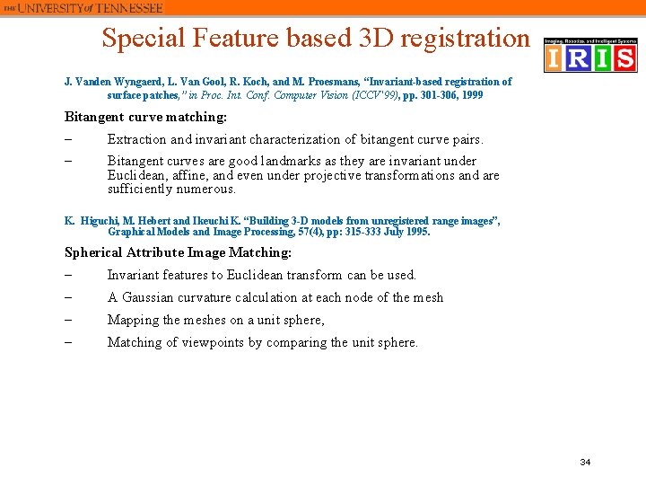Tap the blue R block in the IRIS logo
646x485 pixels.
(x=579, y=59)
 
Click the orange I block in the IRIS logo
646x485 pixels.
(x=555, y=59)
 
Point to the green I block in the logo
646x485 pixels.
(x=601, y=59)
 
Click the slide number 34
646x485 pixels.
(x=585, y=462)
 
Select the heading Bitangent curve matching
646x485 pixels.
(x=145, y=117)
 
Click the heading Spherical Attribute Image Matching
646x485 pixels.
(x=178, y=252)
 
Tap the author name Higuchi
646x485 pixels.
(x=100, y=221)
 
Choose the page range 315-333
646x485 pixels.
(x=362, y=232)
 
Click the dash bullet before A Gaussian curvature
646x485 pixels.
(x=68, y=297)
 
